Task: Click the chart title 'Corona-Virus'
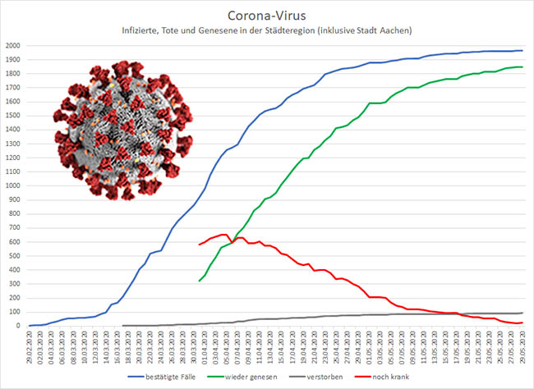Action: [267, 15]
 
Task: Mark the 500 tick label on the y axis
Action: [16, 255]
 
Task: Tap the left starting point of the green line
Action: [200, 281]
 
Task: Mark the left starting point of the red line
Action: [200, 245]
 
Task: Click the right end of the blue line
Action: [522, 51]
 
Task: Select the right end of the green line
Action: [522, 67]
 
